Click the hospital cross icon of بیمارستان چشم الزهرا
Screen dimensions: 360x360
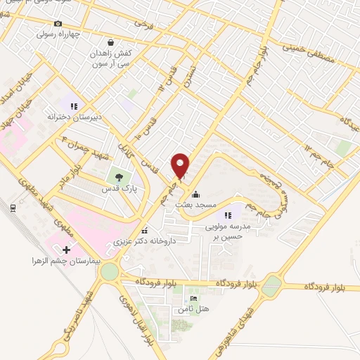click(67, 249)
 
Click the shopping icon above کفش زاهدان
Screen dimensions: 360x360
click(109, 42)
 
